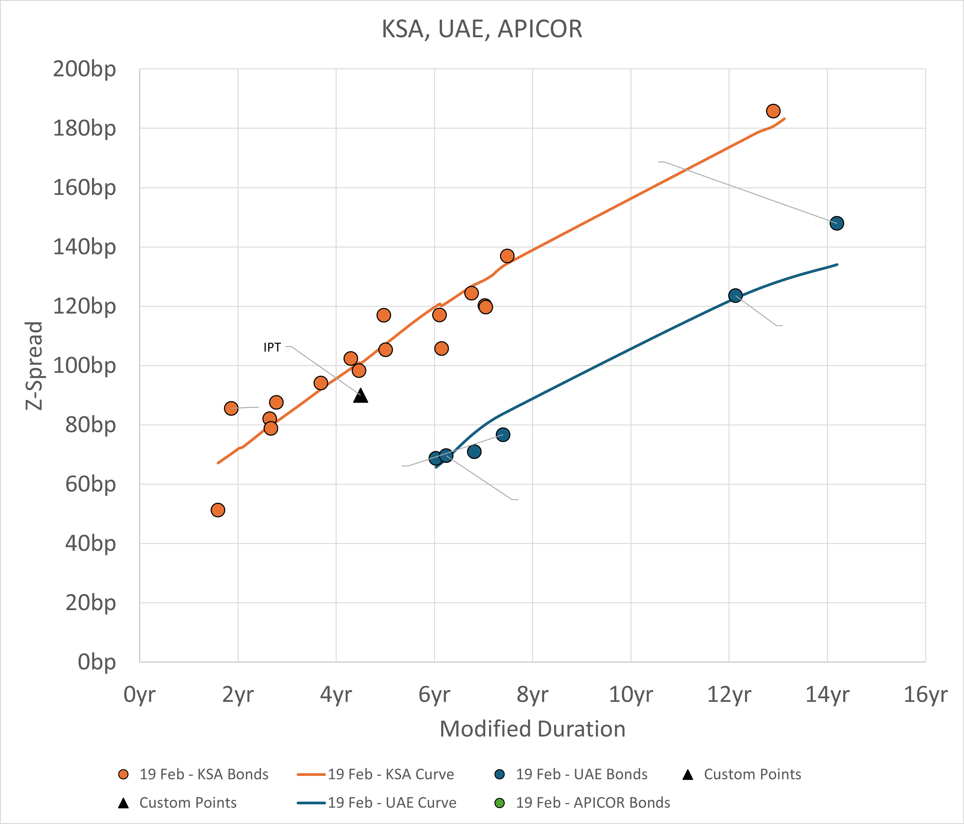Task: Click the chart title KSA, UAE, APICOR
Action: [482, 29]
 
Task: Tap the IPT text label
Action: [272, 347]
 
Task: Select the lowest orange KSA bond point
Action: [218, 510]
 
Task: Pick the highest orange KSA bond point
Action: [773, 111]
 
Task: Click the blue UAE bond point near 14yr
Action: [837, 223]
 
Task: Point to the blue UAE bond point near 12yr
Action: [735, 295]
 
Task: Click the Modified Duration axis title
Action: [532, 729]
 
